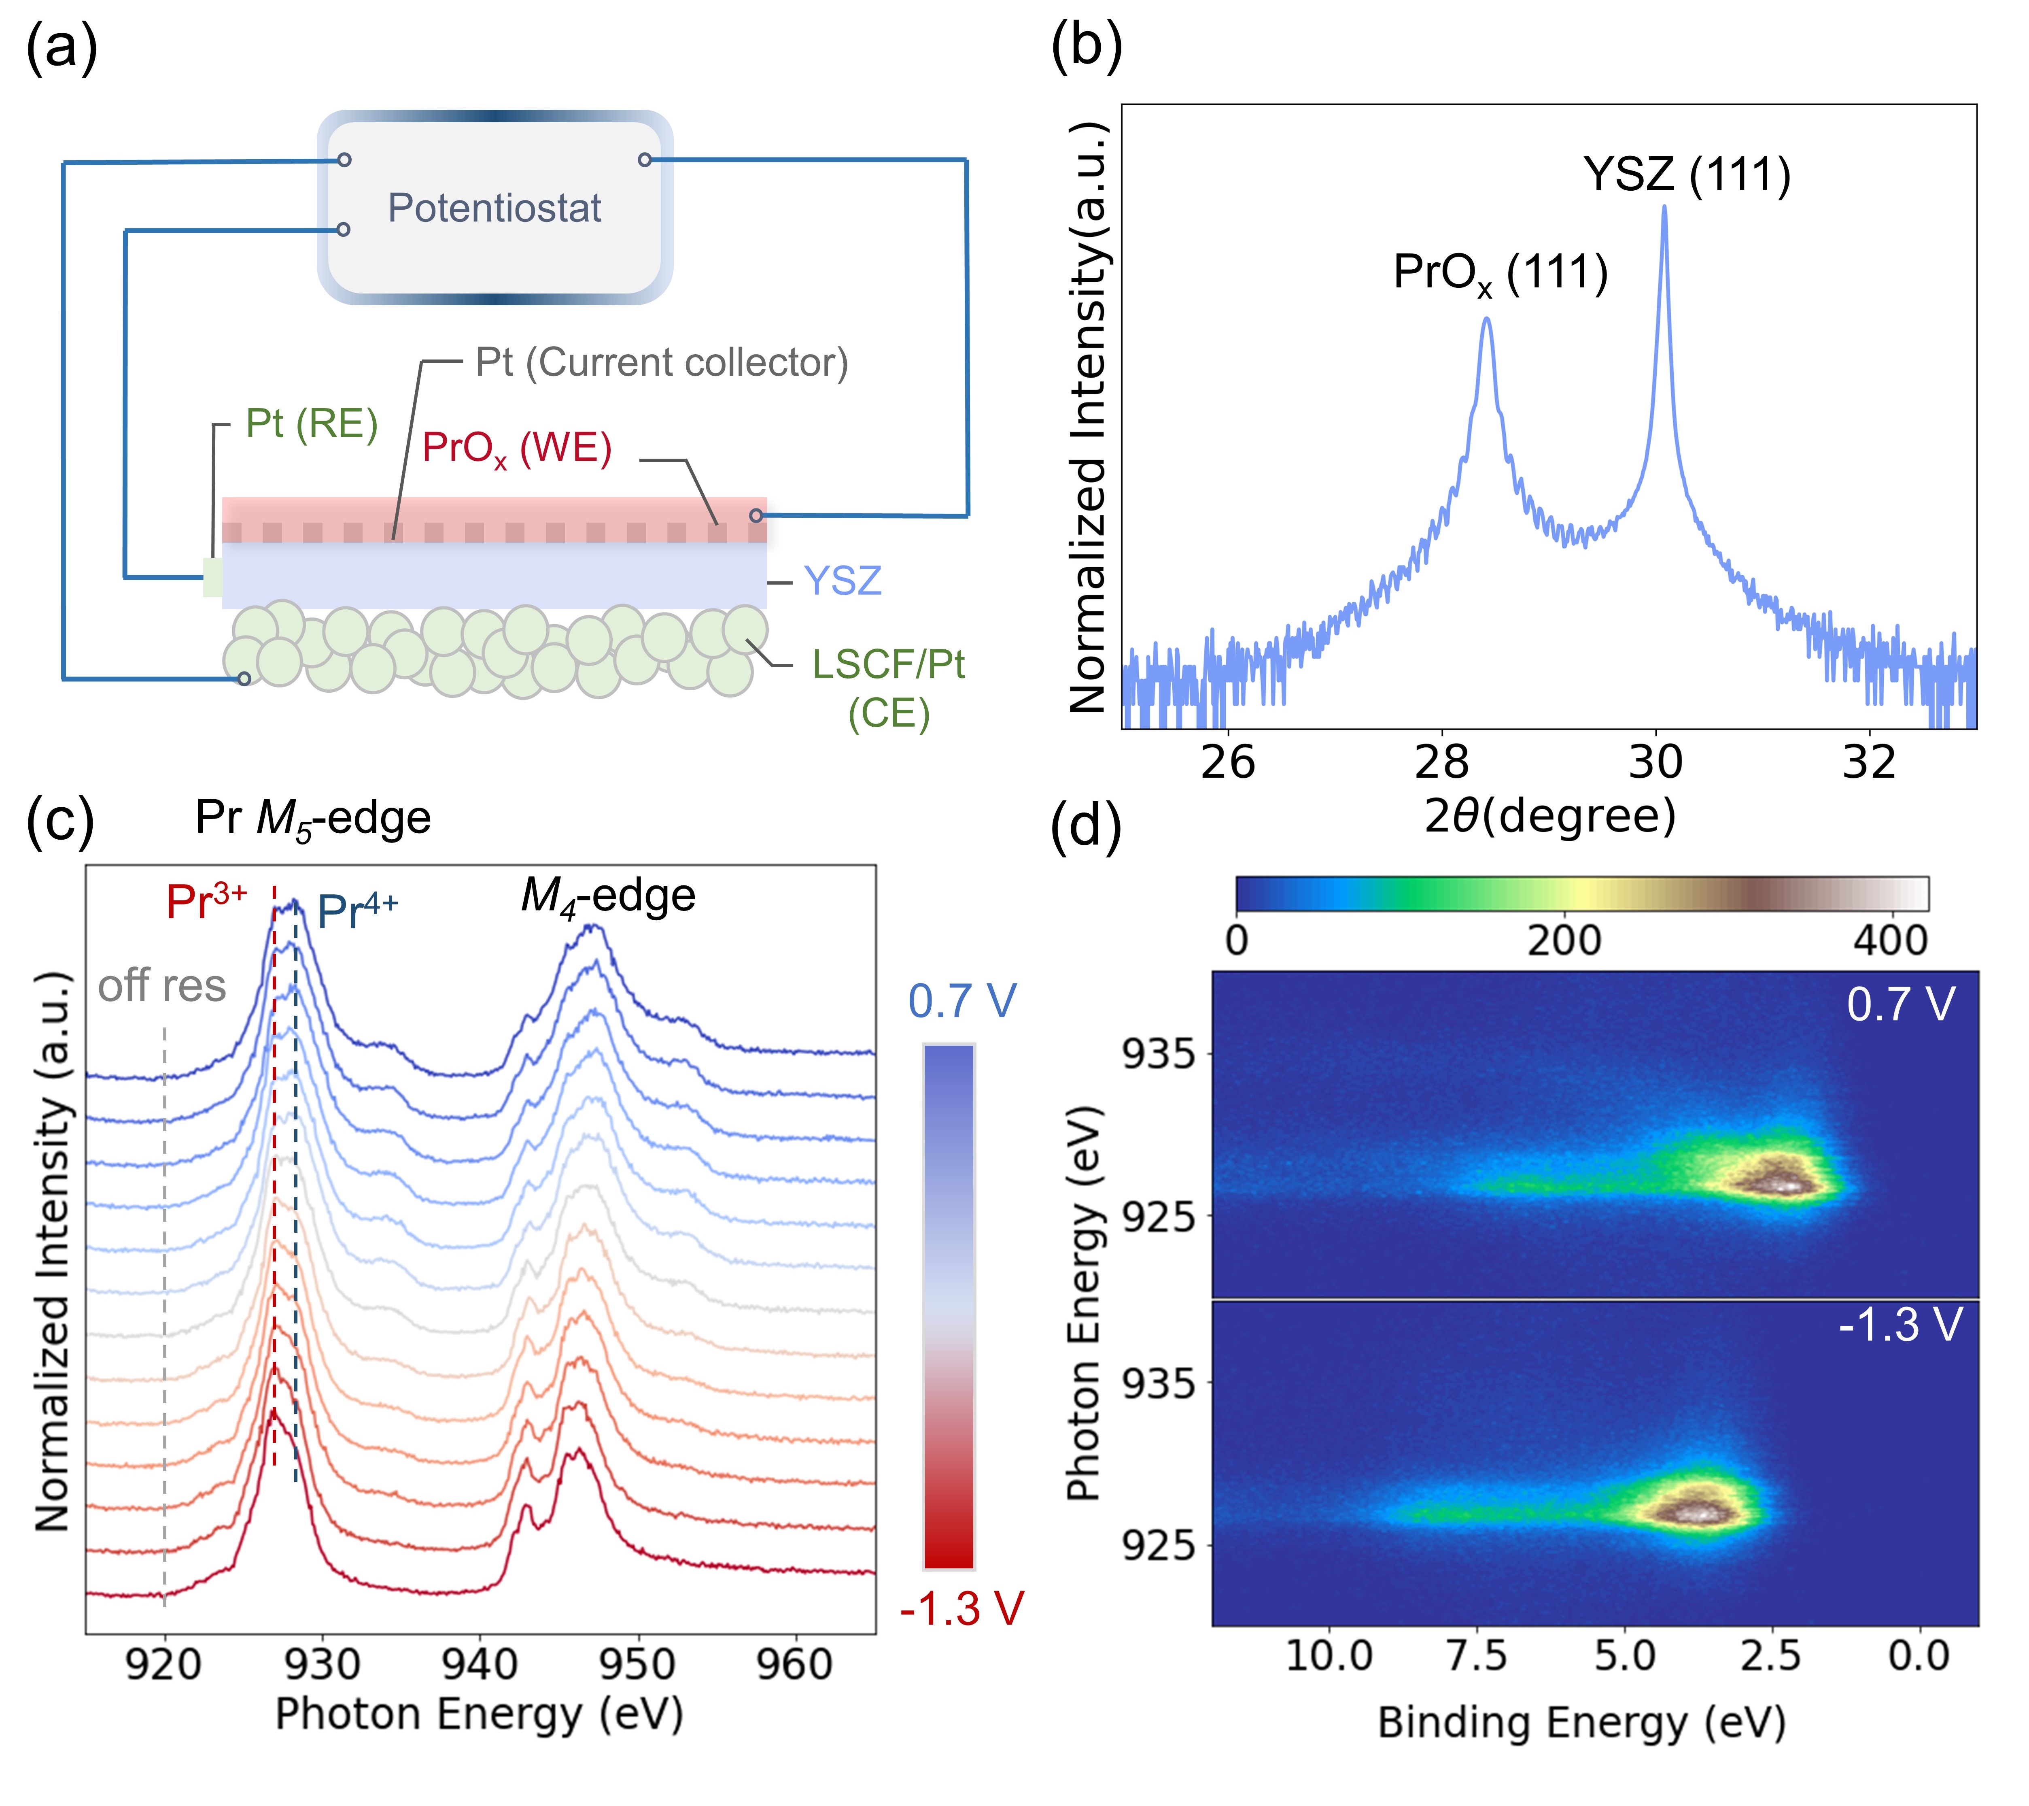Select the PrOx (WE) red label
point(516,449)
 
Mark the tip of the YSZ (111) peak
point(1665,206)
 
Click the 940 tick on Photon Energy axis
point(480,1664)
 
